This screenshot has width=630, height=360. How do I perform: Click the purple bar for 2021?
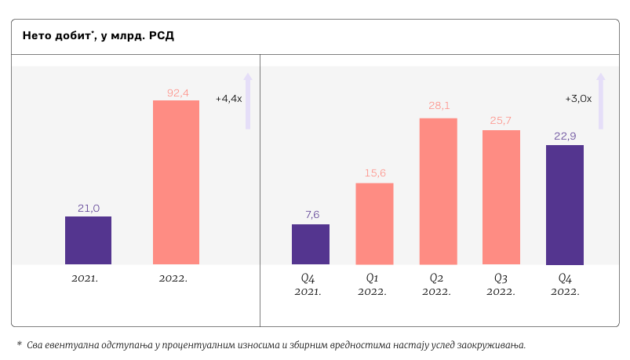tap(88, 240)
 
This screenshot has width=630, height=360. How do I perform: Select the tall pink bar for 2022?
tap(176, 182)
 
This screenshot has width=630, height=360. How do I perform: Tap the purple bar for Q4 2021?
tap(311, 244)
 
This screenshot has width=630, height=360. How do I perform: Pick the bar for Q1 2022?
tap(374, 224)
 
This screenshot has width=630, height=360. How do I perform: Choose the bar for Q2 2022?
tap(438, 191)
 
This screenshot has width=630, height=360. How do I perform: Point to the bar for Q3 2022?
tap(501, 197)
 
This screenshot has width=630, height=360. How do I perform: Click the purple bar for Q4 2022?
tap(565, 204)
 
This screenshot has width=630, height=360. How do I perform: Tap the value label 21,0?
tap(88, 208)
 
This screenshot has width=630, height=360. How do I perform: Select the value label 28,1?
tap(439, 105)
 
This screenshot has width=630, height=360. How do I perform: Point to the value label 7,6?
tap(311, 214)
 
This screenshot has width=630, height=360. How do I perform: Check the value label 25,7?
tap(501, 120)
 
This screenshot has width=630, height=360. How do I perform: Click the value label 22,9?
tap(565, 136)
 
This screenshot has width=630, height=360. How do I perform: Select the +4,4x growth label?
tap(228, 99)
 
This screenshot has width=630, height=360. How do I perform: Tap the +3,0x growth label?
tap(577, 99)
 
